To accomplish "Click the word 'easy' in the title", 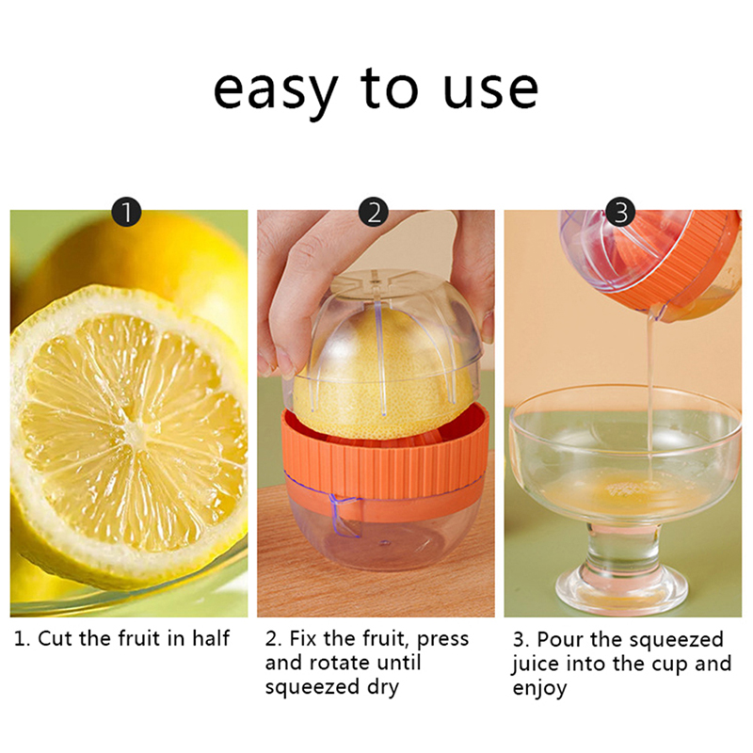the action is click(x=276, y=91).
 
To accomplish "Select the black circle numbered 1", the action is click(x=127, y=212).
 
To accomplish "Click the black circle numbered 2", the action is click(x=374, y=212).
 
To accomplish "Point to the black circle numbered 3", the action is click(x=621, y=212).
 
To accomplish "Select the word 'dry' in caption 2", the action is click(x=383, y=688).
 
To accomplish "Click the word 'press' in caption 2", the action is click(x=442, y=640).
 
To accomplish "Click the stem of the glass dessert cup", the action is click(x=621, y=547).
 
